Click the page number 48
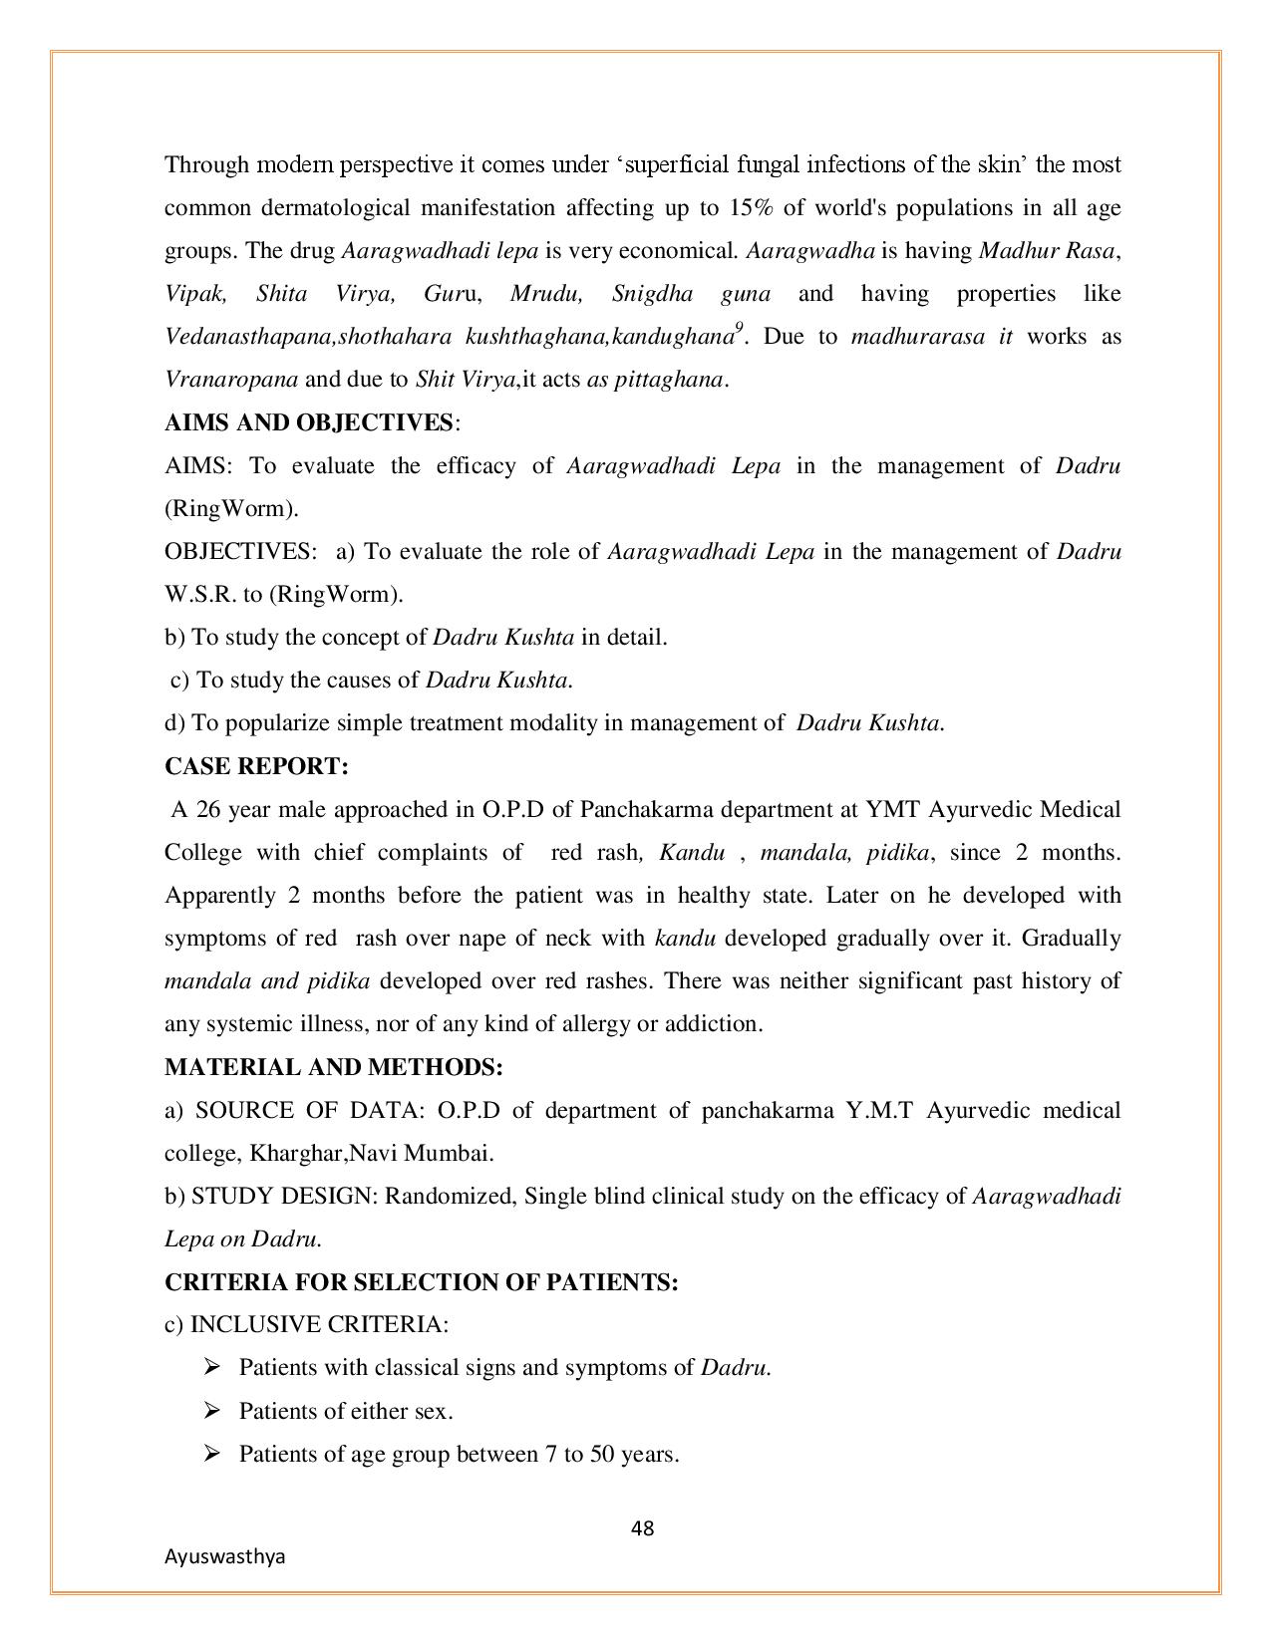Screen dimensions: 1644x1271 [643, 1528]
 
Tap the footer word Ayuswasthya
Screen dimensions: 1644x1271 [224, 1556]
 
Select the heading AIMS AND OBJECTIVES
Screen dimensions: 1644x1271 [309, 422]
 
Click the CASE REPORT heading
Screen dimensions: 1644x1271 [256, 766]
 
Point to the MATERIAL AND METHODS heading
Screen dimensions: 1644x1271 [333, 1067]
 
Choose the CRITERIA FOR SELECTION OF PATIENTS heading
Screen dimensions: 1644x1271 [421, 1282]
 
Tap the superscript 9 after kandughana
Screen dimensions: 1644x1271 [740, 327]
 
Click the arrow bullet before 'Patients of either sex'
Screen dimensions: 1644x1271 [211, 1410]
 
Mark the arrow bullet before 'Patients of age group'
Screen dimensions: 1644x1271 [211, 1453]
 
